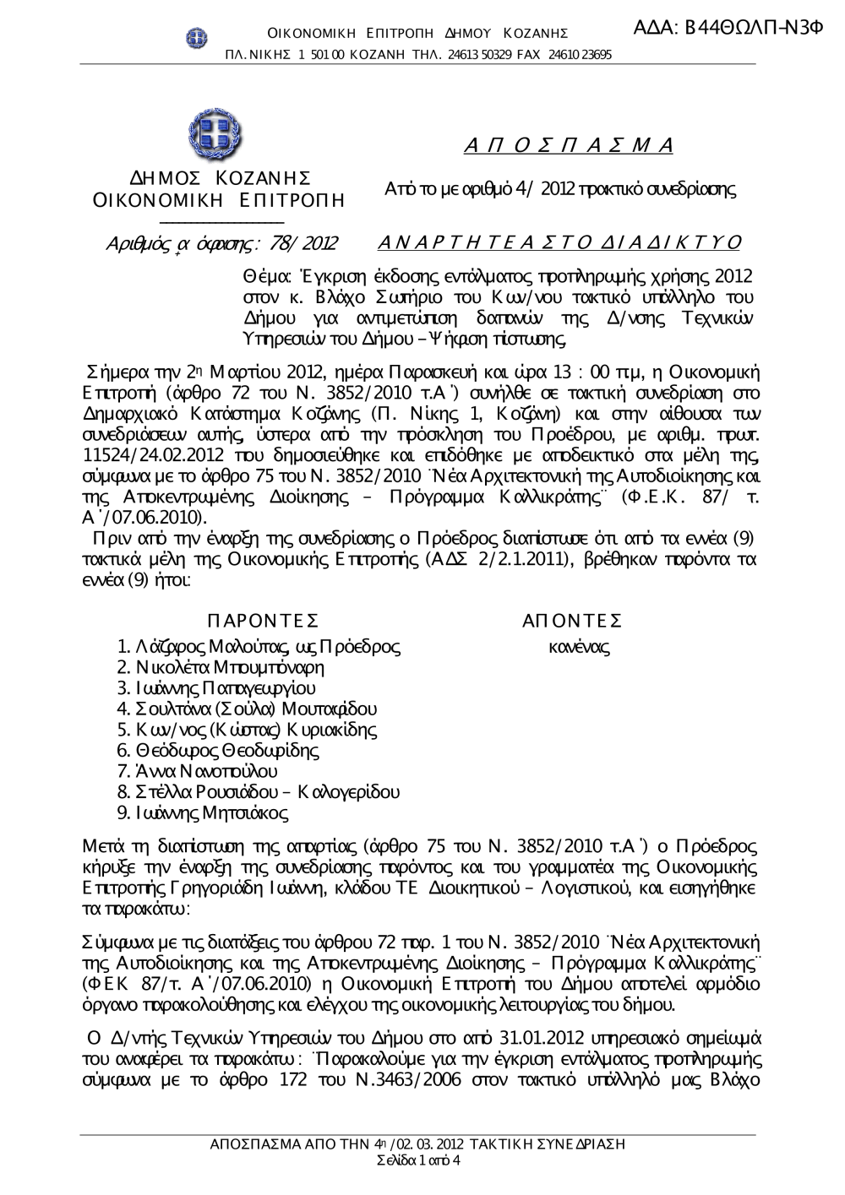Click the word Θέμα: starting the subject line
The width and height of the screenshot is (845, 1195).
tap(267, 276)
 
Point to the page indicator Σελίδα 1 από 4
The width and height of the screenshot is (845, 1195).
tap(417, 1160)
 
